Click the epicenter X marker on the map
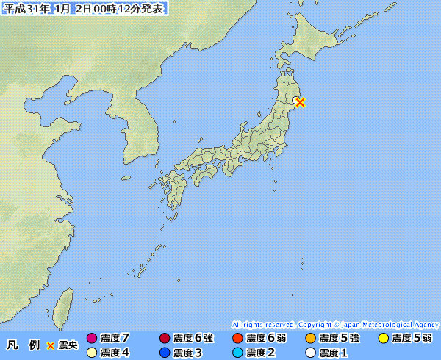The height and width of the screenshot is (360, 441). (x=300, y=103)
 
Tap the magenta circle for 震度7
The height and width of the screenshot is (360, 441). (x=92, y=339)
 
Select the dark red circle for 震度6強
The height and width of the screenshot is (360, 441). (x=164, y=339)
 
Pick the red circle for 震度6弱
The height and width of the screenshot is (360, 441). (x=237, y=339)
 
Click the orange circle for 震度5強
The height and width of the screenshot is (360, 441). (x=309, y=339)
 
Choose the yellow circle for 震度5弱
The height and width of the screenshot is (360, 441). (x=382, y=339)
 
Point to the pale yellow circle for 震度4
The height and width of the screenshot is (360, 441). (x=92, y=353)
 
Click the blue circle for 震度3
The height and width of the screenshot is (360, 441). (x=164, y=353)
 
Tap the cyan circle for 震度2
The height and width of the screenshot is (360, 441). (x=237, y=353)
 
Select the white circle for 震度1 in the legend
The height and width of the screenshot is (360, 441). (x=309, y=353)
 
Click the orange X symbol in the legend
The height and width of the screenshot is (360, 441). (x=51, y=345)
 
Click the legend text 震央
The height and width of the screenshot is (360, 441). (x=68, y=345)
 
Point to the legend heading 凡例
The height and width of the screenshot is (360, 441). (x=22, y=345)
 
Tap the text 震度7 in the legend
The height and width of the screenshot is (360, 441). (x=115, y=339)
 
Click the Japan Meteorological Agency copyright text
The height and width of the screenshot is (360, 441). (x=335, y=324)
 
